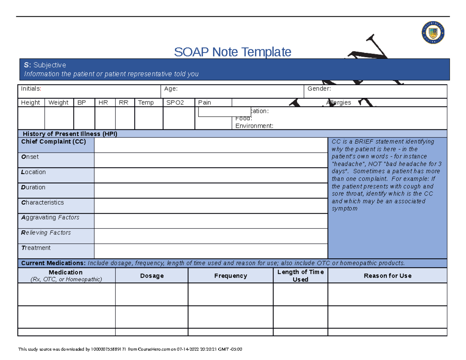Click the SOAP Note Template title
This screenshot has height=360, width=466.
(233, 52)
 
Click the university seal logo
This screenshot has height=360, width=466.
(433, 33)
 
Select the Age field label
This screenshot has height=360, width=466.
(171, 89)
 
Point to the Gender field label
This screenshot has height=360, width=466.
(319, 89)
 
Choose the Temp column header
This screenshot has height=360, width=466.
(146, 103)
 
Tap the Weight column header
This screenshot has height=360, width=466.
(58, 103)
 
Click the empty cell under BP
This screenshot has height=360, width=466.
(84, 118)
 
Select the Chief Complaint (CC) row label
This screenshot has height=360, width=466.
(54, 142)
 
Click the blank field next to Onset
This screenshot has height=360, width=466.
(211, 160)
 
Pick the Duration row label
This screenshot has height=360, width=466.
(33, 187)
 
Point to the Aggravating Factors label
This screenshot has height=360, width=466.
(50, 217)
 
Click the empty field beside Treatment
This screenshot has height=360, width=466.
(211, 251)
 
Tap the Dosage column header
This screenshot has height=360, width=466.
(152, 276)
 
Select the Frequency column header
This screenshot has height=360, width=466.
(231, 276)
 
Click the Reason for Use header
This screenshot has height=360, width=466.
(387, 276)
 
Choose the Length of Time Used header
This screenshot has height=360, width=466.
(300, 276)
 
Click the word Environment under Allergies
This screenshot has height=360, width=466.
(254, 126)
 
